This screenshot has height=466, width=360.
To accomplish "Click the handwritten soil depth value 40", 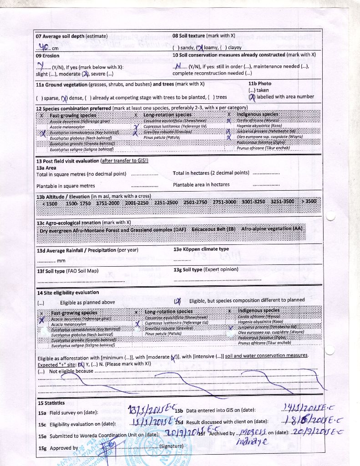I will click(44, 46).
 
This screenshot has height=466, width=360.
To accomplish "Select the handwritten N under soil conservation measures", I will click(178, 65).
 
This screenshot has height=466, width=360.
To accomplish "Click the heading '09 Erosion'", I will click(47, 56).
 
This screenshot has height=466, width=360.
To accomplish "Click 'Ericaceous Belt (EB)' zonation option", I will click(213, 229).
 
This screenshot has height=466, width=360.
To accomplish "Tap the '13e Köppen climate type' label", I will click(201, 249).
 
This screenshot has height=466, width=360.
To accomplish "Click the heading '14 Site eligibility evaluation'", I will click(68, 293).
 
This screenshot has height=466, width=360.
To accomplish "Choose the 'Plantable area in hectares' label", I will click(201, 185).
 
